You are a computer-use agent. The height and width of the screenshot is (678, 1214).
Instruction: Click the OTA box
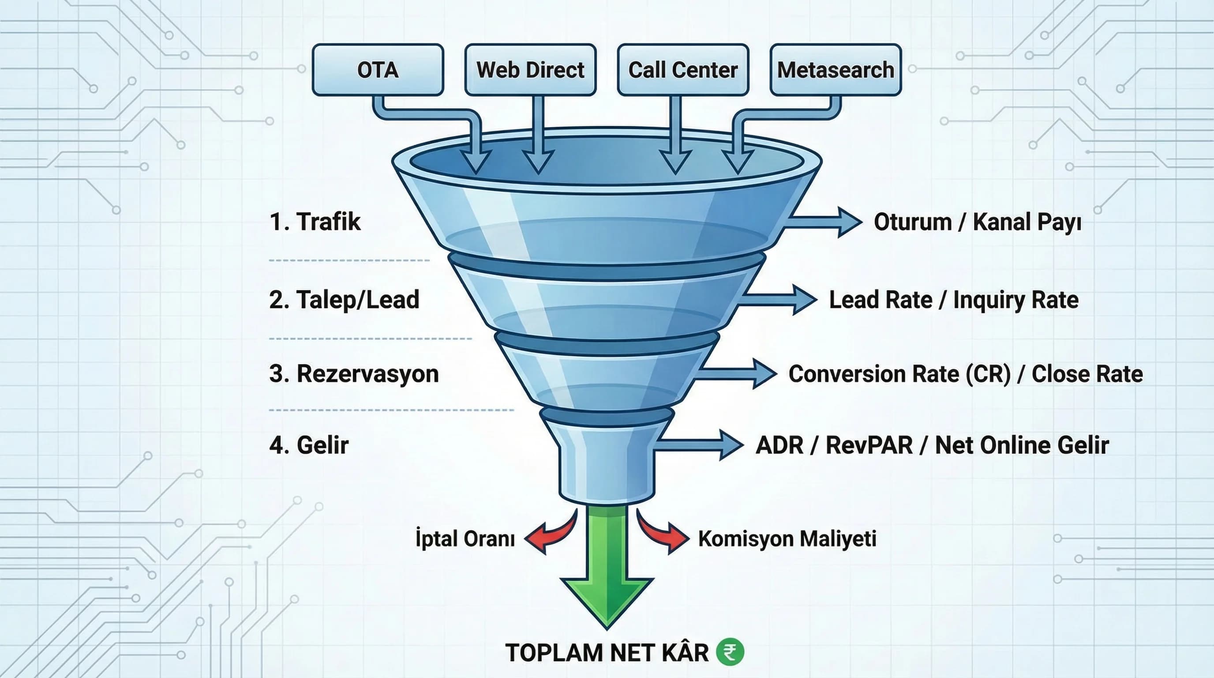click(378, 70)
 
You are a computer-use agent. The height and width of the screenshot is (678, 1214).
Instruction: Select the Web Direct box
click(530, 70)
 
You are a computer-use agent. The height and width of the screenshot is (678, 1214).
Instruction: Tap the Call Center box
click(683, 70)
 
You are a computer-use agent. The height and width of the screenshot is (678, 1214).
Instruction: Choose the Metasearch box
click(836, 70)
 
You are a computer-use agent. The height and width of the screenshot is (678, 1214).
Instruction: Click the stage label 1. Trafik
click(315, 222)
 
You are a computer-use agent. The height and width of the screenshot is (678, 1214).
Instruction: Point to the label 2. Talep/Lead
click(344, 299)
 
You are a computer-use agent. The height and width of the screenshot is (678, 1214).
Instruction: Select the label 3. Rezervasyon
click(354, 373)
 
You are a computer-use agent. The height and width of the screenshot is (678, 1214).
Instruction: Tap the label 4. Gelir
click(309, 444)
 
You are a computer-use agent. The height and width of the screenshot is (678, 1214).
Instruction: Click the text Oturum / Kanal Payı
click(978, 222)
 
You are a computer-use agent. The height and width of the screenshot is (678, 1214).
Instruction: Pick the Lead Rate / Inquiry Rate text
click(953, 299)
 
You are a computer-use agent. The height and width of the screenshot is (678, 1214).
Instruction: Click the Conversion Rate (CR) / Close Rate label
click(966, 373)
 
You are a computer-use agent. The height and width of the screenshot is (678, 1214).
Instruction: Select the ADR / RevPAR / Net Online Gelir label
click(932, 444)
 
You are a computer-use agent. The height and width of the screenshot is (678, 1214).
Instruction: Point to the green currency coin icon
click(730, 652)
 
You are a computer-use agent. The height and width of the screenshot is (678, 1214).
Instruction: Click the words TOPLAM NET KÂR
click(607, 652)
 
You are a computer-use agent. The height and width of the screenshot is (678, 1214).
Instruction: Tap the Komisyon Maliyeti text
click(787, 539)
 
